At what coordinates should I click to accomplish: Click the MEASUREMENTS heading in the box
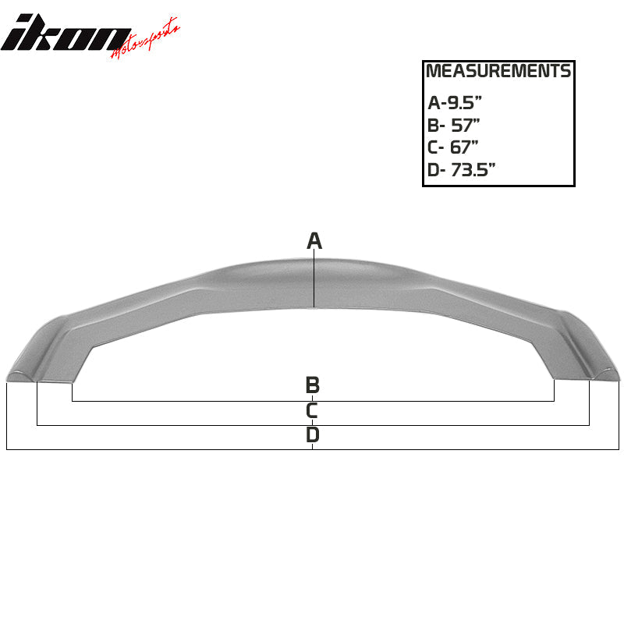(498, 72)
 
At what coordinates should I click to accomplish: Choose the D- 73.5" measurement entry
(462, 170)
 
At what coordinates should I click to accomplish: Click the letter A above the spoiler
(314, 241)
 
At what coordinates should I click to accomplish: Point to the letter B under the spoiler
(312, 385)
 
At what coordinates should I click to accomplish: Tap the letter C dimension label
(312, 410)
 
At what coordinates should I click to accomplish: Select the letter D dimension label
(312, 434)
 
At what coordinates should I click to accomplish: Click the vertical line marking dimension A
(314, 281)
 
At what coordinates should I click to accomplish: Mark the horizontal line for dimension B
(195, 401)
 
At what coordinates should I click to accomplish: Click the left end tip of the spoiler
(11, 376)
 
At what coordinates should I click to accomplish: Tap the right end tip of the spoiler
(615, 376)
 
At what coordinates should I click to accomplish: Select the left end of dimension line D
(6, 450)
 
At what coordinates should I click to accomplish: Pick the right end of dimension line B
(555, 401)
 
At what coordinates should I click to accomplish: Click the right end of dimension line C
(589, 425)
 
